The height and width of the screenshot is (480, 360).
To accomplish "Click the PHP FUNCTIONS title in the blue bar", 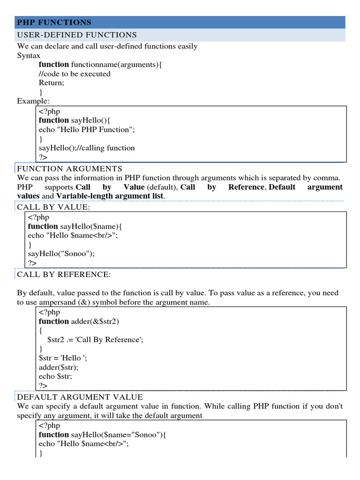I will click(54, 22).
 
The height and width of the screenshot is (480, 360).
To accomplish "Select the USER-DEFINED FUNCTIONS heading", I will click(77, 35).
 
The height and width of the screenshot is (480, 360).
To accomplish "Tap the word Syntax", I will click(29, 55).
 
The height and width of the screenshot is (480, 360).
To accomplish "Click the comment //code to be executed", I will click(75, 74).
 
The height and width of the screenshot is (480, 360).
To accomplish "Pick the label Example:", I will click(33, 101).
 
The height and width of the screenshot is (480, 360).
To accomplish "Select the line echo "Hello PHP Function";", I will click(90, 129).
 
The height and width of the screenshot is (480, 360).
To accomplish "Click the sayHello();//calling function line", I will click(87, 148).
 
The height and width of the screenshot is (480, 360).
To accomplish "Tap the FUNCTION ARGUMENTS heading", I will click(69, 169).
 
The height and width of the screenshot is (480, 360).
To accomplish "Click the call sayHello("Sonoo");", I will click(61, 254).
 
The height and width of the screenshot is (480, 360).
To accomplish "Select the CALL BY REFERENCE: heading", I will click(64, 274).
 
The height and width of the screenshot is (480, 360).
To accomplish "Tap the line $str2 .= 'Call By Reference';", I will click(95, 340).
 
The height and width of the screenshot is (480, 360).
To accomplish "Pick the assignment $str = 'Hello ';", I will click(63, 358).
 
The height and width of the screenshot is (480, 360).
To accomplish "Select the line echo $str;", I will click(55, 376).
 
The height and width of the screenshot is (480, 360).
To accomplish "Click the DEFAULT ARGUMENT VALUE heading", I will click(80, 397).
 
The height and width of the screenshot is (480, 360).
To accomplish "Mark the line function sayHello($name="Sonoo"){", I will click(102, 435).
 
